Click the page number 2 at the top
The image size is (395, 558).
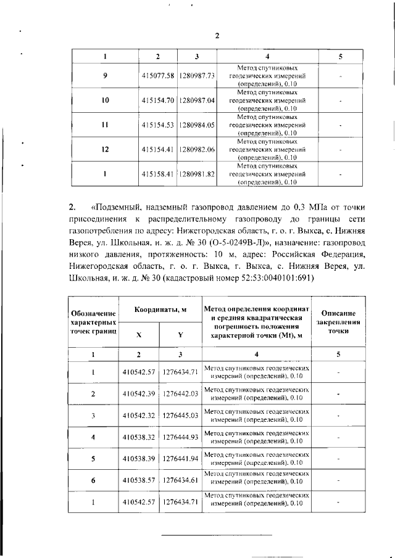217,35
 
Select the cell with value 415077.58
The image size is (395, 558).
158,75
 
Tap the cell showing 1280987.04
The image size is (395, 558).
197,100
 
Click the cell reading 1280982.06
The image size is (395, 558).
197,149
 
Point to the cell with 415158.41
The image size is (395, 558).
158,174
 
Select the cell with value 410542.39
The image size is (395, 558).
139,393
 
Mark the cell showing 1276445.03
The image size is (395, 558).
180,416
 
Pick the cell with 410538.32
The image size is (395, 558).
139,437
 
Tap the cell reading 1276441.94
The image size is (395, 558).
180,459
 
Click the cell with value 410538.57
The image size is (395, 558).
139,480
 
